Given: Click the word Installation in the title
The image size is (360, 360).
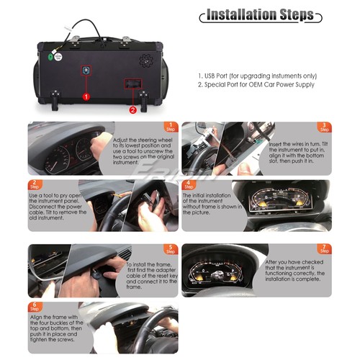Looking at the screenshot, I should pyautogui.click(x=242, y=15).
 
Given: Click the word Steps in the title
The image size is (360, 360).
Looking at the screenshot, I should pyautogui.click(x=296, y=15).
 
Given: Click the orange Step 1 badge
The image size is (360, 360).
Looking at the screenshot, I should pyautogui.click(x=171, y=127).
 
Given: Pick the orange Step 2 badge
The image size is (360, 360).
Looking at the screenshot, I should pyautogui.click(x=36, y=184).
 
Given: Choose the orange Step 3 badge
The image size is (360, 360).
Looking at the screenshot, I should pyautogui.click(x=325, y=127).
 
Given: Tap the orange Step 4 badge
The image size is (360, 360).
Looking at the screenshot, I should pyautogui.click(x=189, y=184).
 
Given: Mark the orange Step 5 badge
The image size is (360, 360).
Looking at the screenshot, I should pyautogui.click(x=171, y=250).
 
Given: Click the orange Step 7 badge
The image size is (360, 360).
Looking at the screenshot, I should pyautogui.click(x=325, y=250).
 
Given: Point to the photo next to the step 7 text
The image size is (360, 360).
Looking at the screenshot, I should pyautogui.click(x=219, y=270).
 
